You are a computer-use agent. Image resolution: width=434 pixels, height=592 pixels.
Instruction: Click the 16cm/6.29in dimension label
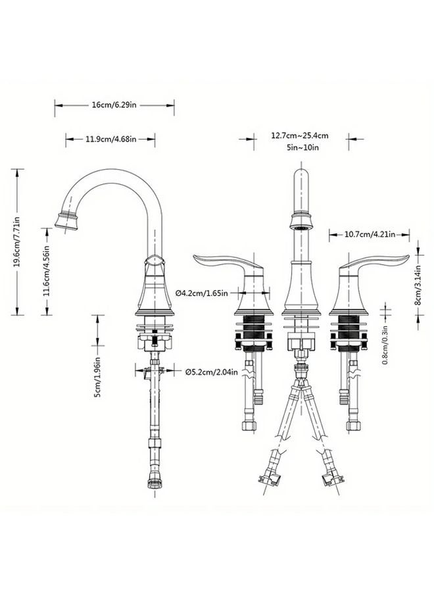(x=114, y=105)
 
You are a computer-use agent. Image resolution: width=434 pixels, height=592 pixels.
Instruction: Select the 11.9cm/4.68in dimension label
(x=111, y=139)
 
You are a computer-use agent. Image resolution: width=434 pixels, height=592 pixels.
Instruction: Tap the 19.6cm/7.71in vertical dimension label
(x=17, y=242)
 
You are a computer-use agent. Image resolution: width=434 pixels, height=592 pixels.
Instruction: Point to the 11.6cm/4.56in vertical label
(x=46, y=271)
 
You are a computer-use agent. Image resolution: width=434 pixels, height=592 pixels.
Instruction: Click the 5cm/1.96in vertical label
(x=97, y=377)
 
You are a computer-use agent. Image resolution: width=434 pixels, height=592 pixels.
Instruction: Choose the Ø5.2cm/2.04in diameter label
(x=212, y=372)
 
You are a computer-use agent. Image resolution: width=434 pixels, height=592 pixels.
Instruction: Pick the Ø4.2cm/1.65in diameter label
(x=202, y=293)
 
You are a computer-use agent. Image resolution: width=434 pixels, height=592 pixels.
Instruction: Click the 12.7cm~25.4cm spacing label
(x=300, y=135)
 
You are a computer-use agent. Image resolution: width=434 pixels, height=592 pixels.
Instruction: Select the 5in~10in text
(x=302, y=147)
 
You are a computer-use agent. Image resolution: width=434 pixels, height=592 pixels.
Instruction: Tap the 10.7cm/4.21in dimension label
(x=370, y=234)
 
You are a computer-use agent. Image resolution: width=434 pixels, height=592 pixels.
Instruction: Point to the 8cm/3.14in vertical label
(x=418, y=285)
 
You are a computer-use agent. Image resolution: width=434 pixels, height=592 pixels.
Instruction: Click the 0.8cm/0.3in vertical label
(x=385, y=345)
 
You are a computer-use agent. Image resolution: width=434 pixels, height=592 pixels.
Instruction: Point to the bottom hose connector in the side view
(x=155, y=484)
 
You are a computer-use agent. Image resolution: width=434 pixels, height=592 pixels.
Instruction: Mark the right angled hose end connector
(x=333, y=476)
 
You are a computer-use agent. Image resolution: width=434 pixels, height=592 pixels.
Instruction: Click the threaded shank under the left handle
(x=253, y=328)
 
